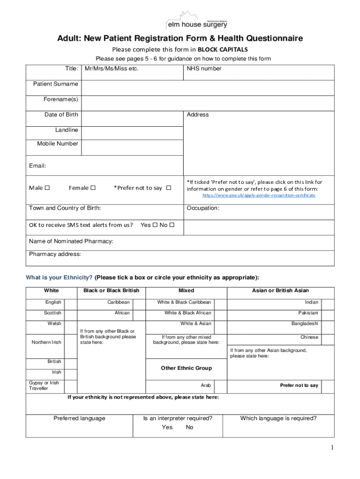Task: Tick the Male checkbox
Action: (47, 188)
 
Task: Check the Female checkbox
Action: (93, 188)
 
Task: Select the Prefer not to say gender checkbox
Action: (169, 188)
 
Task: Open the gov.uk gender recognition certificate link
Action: (259, 195)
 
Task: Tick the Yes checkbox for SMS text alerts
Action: (155, 225)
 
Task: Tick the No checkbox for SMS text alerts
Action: (172, 225)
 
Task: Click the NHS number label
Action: (204, 69)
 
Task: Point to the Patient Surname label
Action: (55, 84)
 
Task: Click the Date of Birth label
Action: (61, 115)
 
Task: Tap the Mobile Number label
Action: (58, 144)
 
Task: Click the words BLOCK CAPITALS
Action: (223, 49)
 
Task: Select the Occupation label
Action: (203, 208)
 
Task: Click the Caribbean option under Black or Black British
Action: (118, 302)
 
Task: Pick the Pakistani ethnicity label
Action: (308, 313)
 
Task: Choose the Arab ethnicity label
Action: (206, 385)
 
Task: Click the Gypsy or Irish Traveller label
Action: (44, 385)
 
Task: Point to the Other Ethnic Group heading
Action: (186, 368)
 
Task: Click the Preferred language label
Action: (79, 418)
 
